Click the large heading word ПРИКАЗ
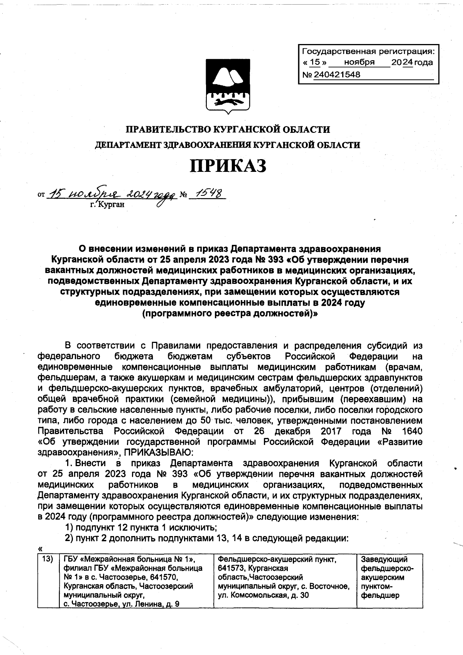point(228,166)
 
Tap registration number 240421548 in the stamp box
point(337,75)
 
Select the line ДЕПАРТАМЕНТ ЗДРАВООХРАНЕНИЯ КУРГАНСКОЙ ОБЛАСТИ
point(228,145)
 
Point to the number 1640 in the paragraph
point(411,431)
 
